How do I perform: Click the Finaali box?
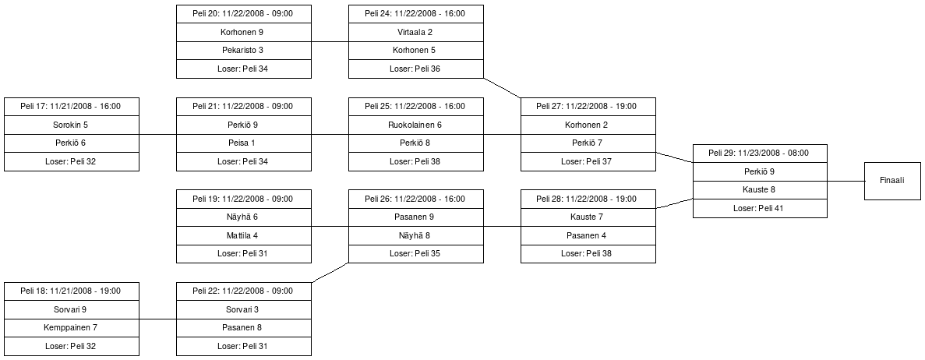pyautogui.click(x=891, y=181)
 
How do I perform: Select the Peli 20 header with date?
pyautogui.click(x=244, y=14)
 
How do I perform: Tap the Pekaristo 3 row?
pyautogui.click(x=244, y=51)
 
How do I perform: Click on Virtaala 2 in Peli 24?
pyautogui.click(x=415, y=33)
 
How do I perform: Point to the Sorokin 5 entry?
pyautogui.click(x=72, y=125)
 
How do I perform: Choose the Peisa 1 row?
pyautogui.click(x=244, y=143)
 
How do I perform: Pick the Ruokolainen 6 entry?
pyautogui.click(x=415, y=125)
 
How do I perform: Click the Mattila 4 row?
pyautogui.click(x=244, y=235)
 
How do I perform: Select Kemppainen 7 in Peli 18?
pyautogui.click(x=72, y=328)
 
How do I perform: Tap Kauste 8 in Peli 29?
pyautogui.click(x=760, y=189)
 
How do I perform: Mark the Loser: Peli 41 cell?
pyautogui.click(x=760, y=208)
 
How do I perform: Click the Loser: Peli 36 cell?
pyautogui.click(x=415, y=69)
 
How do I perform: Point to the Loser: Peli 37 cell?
pyautogui.click(x=588, y=161)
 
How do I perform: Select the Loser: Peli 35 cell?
pyautogui.click(x=415, y=253)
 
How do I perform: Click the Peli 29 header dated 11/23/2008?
pyautogui.click(x=760, y=154)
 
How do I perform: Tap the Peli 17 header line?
pyautogui.click(x=72, y=107)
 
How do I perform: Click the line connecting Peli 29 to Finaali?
pyautogui.click(x=846, y=181)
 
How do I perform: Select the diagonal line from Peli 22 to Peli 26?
pyautogui.click(x=330, y=272)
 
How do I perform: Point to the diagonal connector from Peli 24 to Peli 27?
pyautogui.click(x=502, y=87)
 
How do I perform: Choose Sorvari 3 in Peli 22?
pyautogui.click(x=244, y=309)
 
